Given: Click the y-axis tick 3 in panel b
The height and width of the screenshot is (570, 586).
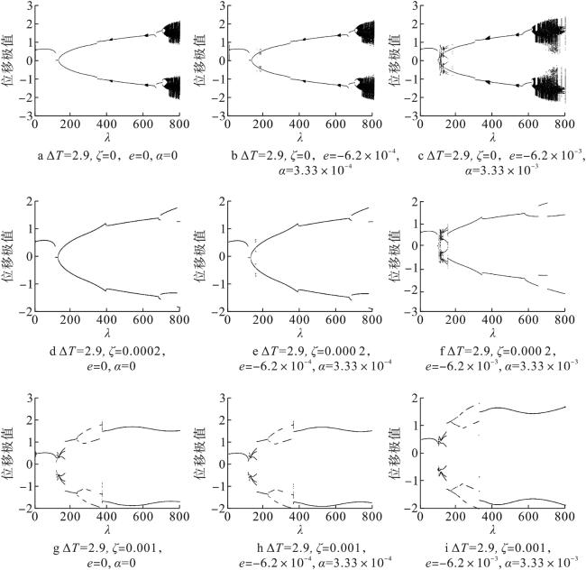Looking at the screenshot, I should (224, 7).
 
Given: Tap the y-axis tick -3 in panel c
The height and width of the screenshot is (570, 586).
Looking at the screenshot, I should (420, 116).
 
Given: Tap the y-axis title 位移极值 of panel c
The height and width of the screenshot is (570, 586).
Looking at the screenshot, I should (404, 61).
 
